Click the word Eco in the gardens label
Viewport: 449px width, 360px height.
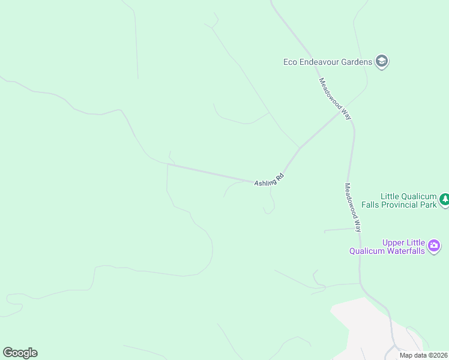point(291,61)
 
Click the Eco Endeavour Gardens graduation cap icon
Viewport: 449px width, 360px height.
point(381,61)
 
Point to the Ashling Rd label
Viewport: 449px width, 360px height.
point(268,180)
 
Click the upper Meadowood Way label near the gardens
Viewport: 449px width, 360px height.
point(334,99)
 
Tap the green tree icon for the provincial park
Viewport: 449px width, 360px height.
point(444,200)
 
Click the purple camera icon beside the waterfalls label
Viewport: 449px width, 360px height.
point(434,245)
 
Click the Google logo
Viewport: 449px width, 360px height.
point(20,353)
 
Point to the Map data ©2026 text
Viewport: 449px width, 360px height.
point(423,355)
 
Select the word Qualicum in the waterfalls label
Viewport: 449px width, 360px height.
point(366,251)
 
